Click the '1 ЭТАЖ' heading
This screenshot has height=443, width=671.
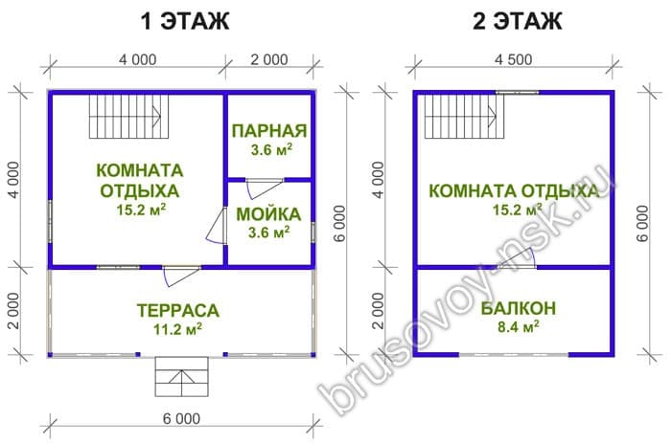(x=185, y=21)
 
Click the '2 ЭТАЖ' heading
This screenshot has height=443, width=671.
(x=517, y=21)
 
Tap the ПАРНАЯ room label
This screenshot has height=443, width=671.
(x=269, y=131)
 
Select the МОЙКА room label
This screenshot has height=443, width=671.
(x=268, y=214)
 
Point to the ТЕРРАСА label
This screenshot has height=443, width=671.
(x=178, y=310)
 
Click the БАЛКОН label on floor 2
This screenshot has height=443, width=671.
(x=519, y=308)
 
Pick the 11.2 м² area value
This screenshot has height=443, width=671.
(x=177, y=329)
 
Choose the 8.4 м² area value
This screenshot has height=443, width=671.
(x=518, y=327)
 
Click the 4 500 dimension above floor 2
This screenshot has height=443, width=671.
(x=514, y=59)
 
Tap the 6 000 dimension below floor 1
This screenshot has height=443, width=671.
(x=181, y=419)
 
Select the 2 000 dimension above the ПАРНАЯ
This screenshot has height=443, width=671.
(x=269, y=59)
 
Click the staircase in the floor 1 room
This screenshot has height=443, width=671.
(x=128, y=116)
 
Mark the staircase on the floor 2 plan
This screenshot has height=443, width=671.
(x=464, y=116)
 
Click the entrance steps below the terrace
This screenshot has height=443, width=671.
(x=181, y=376)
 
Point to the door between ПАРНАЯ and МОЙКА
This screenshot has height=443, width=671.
(x=265, y=188)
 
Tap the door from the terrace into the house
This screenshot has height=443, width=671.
(x=181, y=276)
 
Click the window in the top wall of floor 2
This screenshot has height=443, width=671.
(x=517, y=92)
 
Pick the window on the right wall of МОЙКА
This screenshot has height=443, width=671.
(x=313, y=233)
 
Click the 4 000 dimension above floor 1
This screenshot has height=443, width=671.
(x=137, y=59)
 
